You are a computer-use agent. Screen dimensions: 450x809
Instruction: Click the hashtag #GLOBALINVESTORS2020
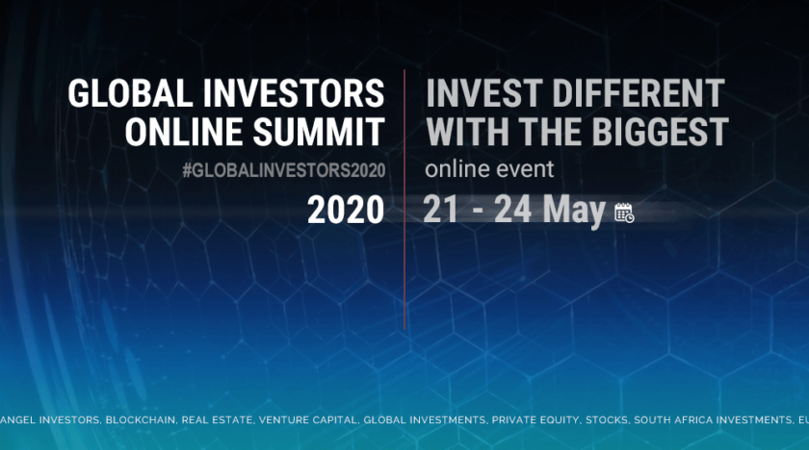283,170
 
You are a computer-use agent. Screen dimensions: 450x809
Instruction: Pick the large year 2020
345,210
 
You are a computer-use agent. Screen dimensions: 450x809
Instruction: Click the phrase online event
489,169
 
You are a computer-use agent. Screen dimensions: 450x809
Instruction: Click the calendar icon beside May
624,212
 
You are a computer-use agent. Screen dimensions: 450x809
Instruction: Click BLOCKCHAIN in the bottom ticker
143,420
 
